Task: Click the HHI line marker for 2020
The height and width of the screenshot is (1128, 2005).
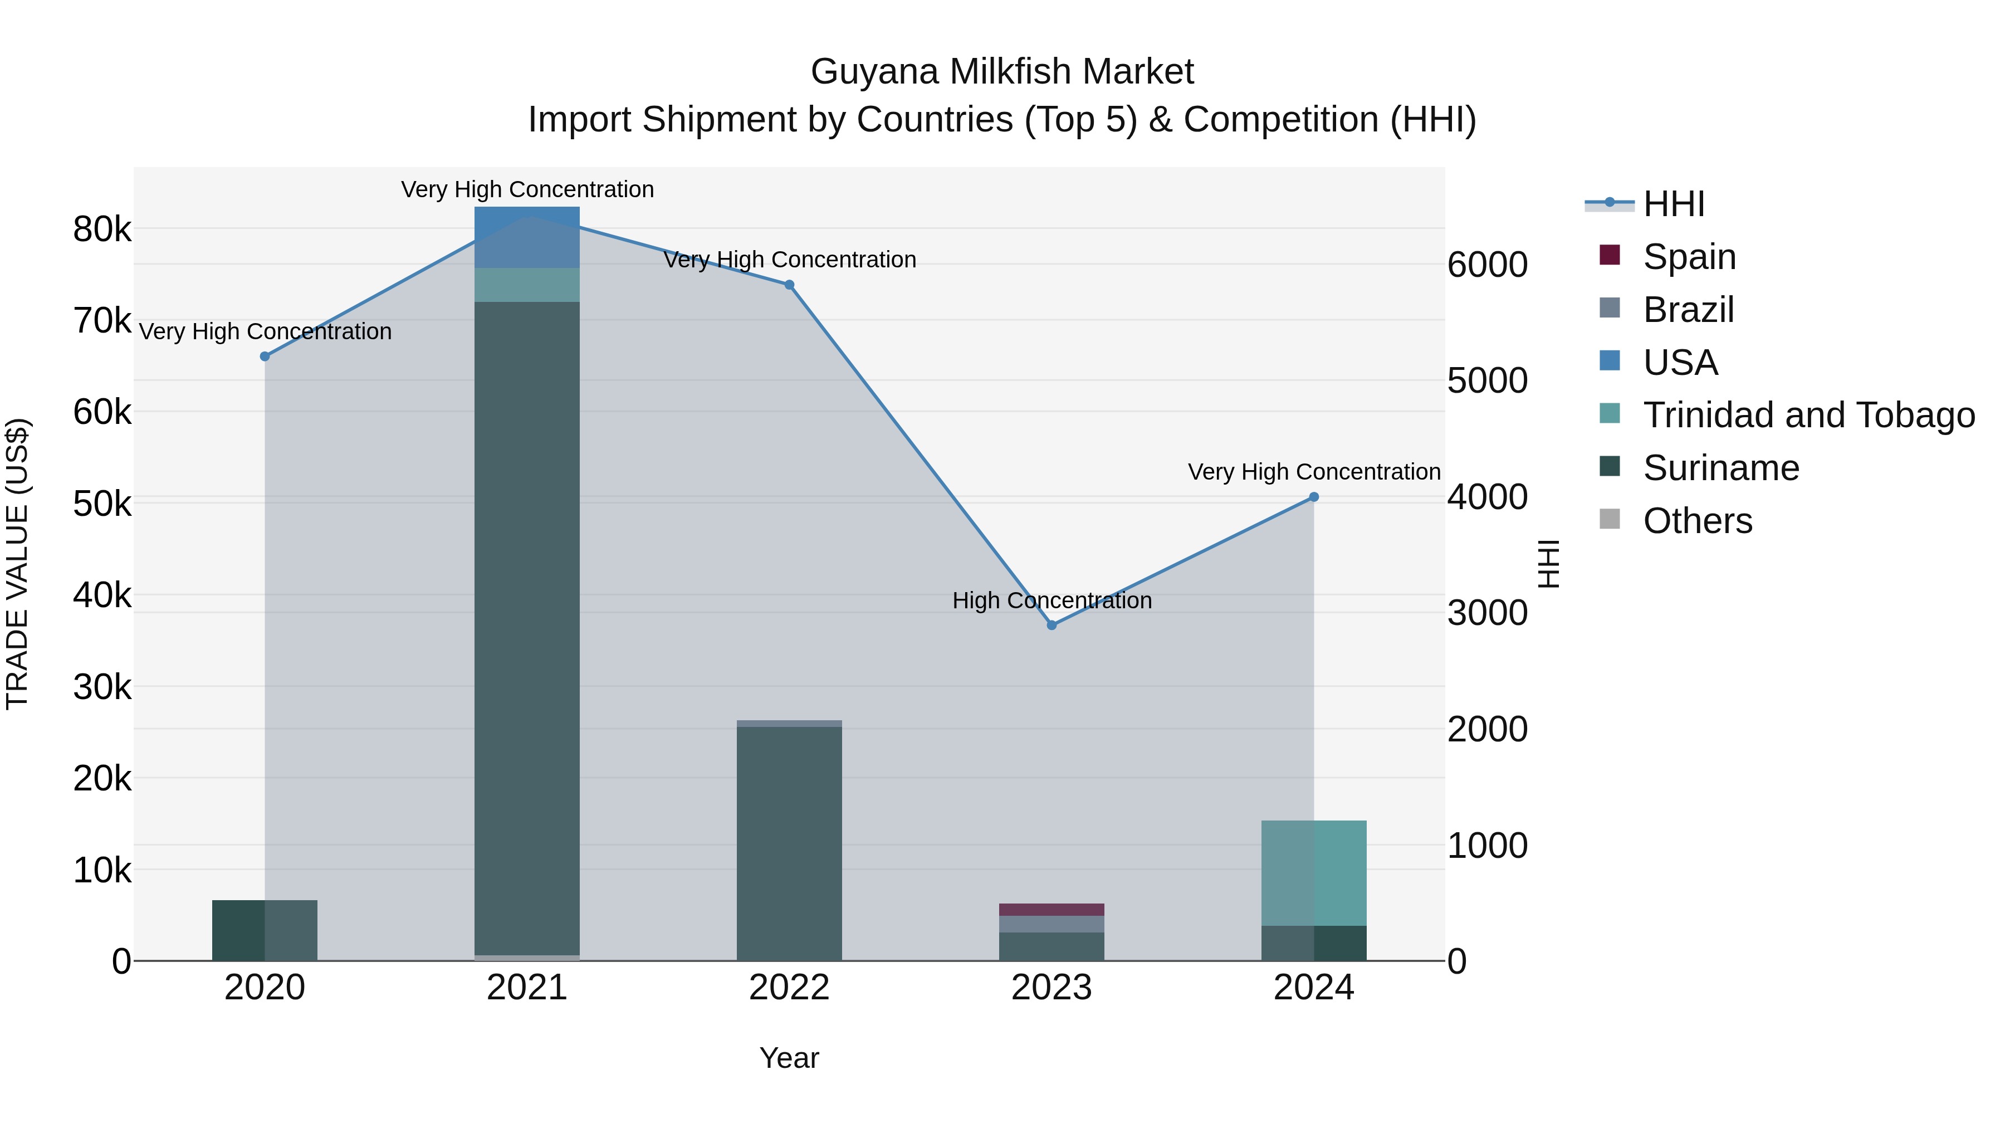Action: [265, 357]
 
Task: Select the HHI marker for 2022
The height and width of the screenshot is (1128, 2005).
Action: [789, 285]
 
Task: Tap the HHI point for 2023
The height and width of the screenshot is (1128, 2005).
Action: [1052, 625]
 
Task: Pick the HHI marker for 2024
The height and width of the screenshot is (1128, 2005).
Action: [1314, 497]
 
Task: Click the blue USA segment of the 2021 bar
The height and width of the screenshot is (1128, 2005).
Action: [527, 237]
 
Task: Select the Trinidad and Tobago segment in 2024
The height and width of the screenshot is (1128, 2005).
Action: [1314, 873]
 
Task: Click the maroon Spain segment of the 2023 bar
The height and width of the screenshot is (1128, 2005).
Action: [1052, 909]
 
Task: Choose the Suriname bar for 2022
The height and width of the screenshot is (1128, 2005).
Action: [789, 843]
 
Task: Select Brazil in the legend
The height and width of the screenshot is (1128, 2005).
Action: [1688, 310]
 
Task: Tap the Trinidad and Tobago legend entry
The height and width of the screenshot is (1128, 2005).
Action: [1807, 415]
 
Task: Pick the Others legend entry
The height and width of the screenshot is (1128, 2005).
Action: [1697, 521]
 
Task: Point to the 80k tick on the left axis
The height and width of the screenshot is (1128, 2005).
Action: [102, 229]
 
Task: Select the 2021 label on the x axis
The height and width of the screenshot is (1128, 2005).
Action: [527, 988]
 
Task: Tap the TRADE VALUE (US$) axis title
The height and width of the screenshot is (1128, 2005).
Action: [17, 564]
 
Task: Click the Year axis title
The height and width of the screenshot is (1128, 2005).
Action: [789, 1058]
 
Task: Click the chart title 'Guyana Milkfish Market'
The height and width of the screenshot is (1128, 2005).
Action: [1002, 72]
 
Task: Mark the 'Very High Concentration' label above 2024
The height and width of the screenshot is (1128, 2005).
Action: [1314, 472]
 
